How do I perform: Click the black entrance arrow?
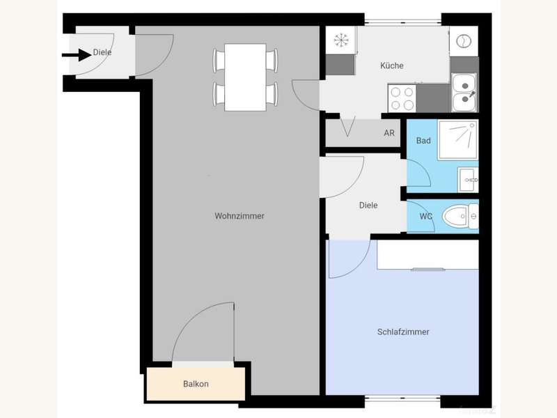click(77, 55)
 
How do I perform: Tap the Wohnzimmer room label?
click(240, 216)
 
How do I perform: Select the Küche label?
click(392, 65)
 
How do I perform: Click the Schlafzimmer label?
click(403, 332)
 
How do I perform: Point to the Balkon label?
click(196, 384)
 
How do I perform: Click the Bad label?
click(423, 141)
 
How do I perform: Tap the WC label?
click(426, 216)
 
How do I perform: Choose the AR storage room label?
click(389, 133)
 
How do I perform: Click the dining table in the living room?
click(245, 77)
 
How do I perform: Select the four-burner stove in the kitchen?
click(402, 98)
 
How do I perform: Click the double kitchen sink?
click(464, 93)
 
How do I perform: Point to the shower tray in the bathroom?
click(458, 140)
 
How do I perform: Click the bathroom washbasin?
click(468, 179)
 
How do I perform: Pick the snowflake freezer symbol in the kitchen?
click(341, 40)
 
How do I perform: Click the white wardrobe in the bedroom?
click(427, 255)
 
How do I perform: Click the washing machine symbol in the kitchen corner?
click(464, 41)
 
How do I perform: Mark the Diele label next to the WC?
click(368, 205)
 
